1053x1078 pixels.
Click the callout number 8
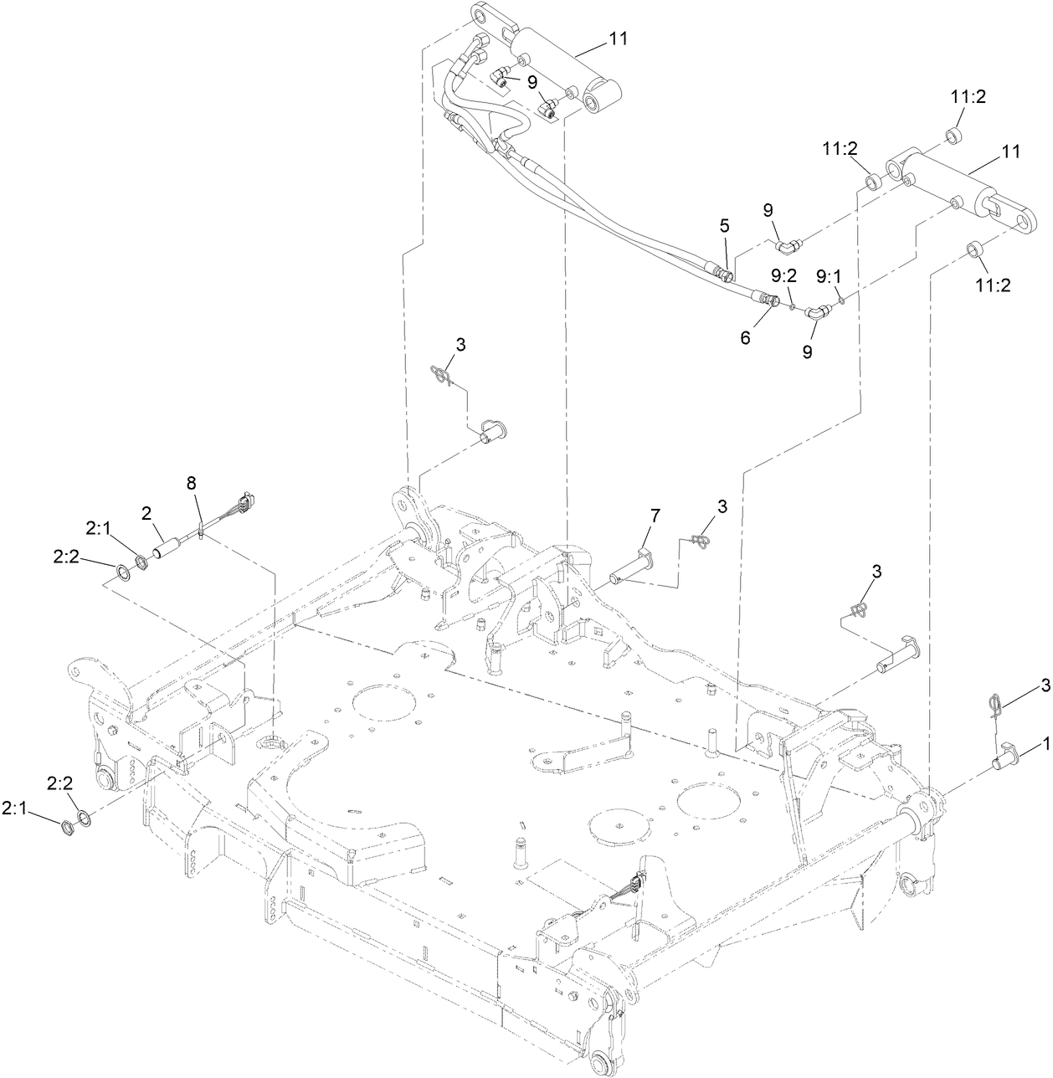(191, 483)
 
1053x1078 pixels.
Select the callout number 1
(1045, 742)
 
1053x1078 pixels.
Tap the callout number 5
(725, 226)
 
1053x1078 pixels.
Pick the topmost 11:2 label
(968, 97)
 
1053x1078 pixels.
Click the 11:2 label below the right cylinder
(993, 285)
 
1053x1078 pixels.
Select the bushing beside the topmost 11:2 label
(954, 136)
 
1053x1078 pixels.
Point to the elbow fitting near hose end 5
(787, 246)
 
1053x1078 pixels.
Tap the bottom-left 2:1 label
(14, 808)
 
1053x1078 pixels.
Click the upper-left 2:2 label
(68, 556)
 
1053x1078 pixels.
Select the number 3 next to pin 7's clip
(722, 506)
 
